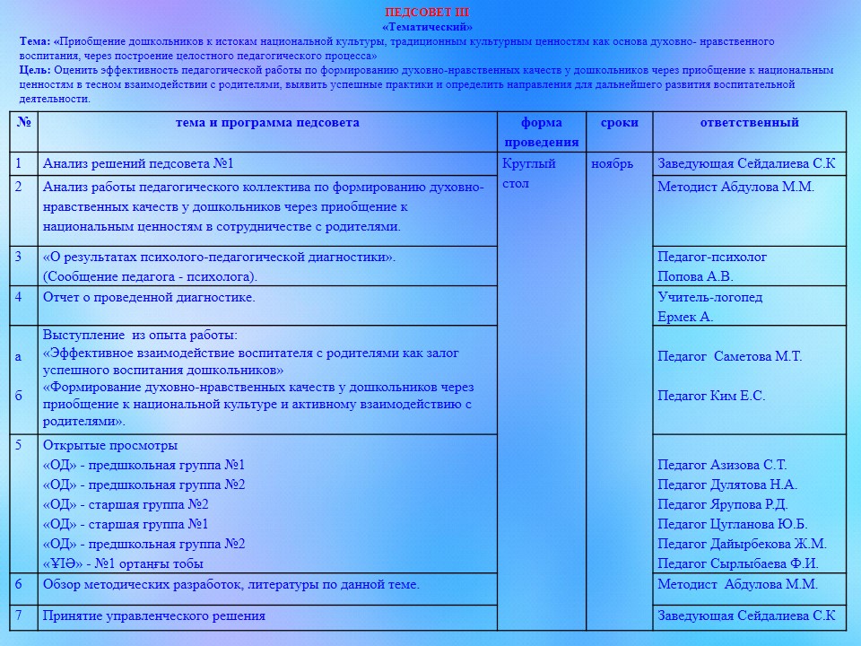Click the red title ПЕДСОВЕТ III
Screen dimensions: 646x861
(x=426, y=13)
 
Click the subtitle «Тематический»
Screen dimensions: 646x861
(x=427, y=27)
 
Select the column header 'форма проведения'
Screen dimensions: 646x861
(x=541, y=132)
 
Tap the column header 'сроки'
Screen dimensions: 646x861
(x=619, y=123)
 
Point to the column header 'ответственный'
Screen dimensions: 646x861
(x=749, y=123)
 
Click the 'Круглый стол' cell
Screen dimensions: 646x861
(x=529, y=173)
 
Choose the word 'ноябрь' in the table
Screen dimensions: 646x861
(x=612, y=163)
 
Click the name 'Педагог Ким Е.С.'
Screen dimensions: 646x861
(x=711, y=396)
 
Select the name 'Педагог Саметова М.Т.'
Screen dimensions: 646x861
(x=729, y=356)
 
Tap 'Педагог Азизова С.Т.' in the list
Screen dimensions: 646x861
(x=722, y=465)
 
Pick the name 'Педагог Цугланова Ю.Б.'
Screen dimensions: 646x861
(x=733, y=524)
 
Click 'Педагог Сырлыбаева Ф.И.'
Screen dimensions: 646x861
(x=738, y=563)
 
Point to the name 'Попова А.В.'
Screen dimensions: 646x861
(x=695, y=276)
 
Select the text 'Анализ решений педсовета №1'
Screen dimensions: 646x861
(x=138, y=163)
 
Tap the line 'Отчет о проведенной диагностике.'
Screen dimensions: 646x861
(x=149, y=297)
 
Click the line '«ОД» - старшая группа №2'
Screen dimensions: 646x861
(x=126, y=504)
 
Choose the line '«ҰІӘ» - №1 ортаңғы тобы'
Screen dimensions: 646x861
(x=123, y=563)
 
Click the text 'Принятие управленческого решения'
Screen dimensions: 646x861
(x=154, y=615)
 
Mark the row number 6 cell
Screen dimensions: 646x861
(x=19, y=584)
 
